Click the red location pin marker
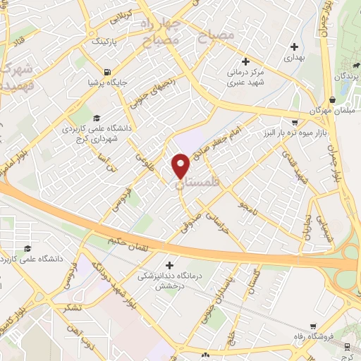pyautogui.click(x=181, y=166)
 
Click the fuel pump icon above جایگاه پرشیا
pyautogui.click(x=106, y=71)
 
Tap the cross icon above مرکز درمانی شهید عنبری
pyautogui.click(x=245, y=61)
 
